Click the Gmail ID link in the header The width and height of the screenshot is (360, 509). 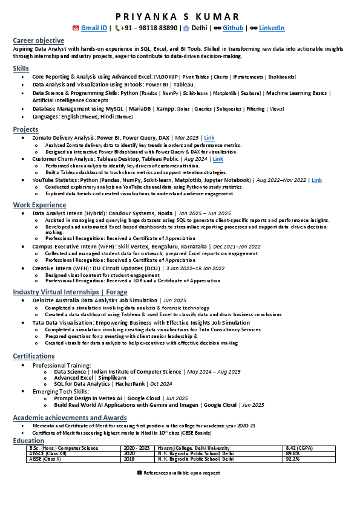point(94,28)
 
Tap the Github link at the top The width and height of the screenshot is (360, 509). point(233,28)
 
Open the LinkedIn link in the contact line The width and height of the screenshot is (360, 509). point(272,28)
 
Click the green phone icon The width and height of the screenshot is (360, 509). point(117,28)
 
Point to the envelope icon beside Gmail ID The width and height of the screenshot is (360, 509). point(75,28)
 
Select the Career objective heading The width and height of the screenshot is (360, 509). point(38,40)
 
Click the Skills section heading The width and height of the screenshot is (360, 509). point(21,68)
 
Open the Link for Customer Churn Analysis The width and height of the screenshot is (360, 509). point(218,159)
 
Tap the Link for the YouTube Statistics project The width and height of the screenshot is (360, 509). point(316,180)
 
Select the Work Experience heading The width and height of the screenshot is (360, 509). point(40,205)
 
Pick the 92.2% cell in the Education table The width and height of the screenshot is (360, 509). point(293,459)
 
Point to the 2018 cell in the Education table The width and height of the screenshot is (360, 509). point(129,459)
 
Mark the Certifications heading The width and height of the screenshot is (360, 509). point(34,356)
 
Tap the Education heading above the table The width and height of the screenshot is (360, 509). point(28,441)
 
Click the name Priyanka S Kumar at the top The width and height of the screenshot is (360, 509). point(180,16)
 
